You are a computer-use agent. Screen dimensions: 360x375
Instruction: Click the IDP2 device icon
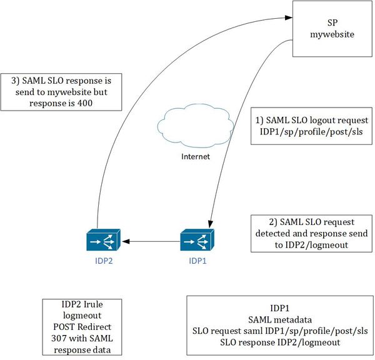pos(103,241)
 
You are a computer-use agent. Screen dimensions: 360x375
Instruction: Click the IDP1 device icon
pos(197,241)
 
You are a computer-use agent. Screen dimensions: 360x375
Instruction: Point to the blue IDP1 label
pos(197,263)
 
